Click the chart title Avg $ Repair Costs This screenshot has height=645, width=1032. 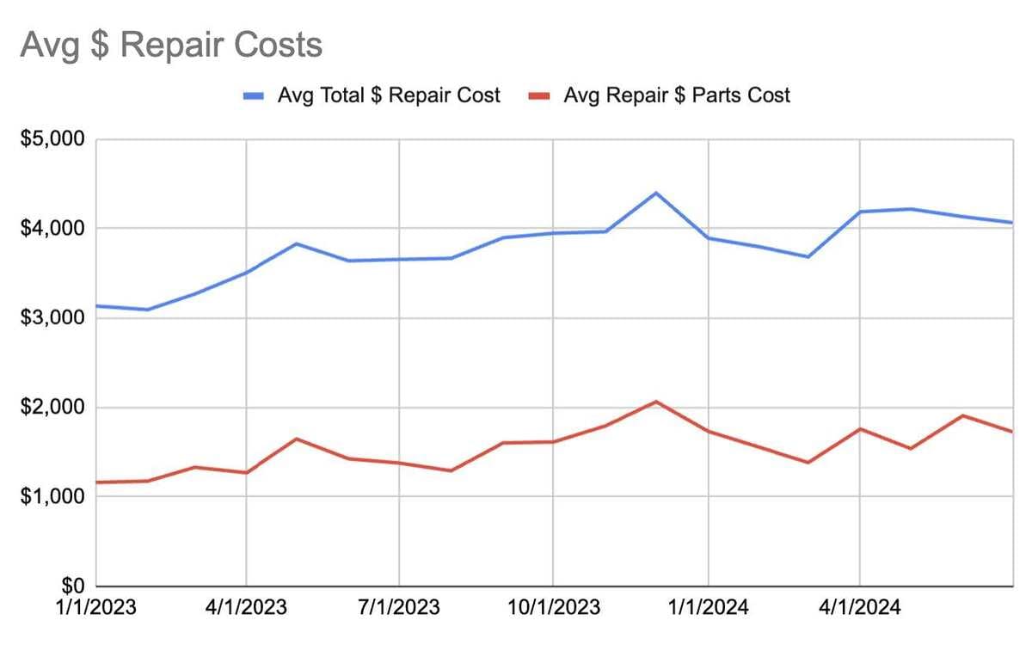[171, 45]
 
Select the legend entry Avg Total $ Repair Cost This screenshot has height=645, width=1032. [388, 95]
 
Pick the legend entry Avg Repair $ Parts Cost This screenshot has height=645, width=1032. [676, 95]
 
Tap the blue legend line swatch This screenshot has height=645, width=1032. [255, 96]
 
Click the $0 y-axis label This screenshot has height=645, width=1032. [71, 587]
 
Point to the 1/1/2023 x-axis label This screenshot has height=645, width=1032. [96, 608]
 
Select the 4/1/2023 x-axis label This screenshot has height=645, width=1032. [247, 608]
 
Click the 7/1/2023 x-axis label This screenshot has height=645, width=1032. [399, 608]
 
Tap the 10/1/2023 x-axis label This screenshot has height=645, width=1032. [552, 608]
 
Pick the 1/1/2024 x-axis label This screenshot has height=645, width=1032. [708, 608]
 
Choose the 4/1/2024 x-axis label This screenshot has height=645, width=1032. [860, 608]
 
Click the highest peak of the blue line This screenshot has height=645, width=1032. [656, 193]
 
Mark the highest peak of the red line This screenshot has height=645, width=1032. [656, 402]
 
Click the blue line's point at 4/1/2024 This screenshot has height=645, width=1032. [860, 212]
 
